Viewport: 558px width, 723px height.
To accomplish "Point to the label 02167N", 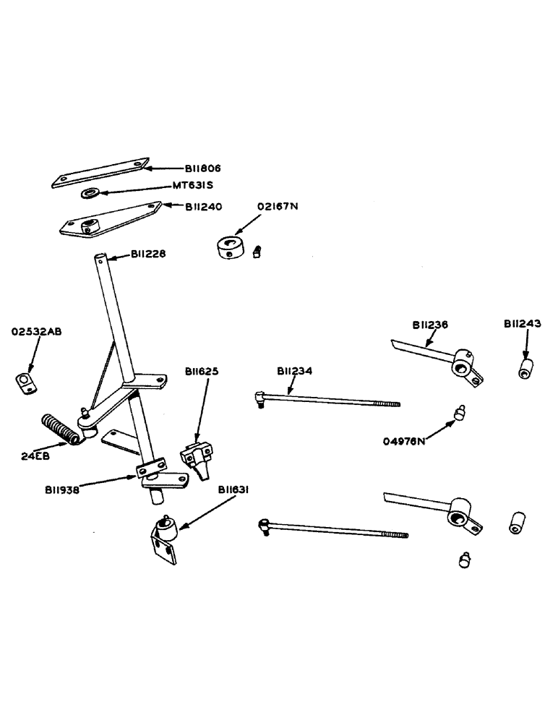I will point(278,207).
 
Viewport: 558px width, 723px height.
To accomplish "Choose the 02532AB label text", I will point(36,332).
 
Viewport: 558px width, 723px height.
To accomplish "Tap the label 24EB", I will point(36,456).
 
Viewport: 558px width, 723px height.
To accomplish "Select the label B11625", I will point(202,371).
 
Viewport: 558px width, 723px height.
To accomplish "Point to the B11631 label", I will point(236,489).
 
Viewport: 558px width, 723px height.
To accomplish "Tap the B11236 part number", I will point(431,325).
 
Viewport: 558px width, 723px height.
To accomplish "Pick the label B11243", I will point(522,324).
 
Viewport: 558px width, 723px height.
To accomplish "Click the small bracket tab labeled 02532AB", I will point(25,382).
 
